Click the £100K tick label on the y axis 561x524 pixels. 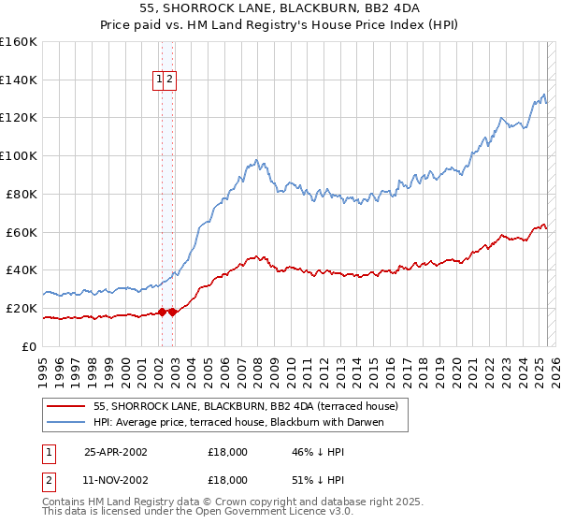(19, 155)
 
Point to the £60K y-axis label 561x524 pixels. (22, 232)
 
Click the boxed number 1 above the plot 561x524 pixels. (160, 80)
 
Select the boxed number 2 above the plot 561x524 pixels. (170, 80)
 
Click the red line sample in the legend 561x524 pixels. (66, 406)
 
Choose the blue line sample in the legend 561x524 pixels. (66, 422)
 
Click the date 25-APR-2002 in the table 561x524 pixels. (116, 451)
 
